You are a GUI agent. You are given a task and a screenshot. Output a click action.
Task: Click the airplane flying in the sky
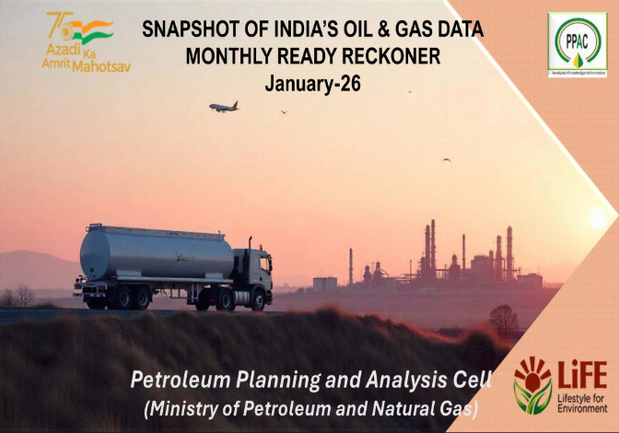point(224,107)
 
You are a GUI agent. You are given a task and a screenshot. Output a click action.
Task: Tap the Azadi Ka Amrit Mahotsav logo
point(86,41)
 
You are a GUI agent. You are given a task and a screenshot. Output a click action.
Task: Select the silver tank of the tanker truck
point(156,252)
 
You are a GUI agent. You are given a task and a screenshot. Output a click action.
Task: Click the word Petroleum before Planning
point(177,379)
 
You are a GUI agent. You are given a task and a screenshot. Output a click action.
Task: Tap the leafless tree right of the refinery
point(503,319)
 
